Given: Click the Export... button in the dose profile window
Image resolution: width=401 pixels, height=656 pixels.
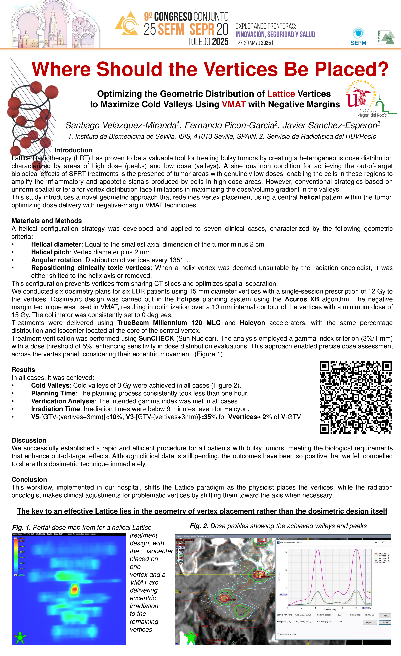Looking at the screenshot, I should point(370,623).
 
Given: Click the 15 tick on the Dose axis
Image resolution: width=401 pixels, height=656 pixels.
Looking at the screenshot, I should point(286,552).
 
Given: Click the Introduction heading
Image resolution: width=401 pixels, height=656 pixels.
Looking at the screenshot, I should point(73,150).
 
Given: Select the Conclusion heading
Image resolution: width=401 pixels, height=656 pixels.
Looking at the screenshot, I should point(29,479).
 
